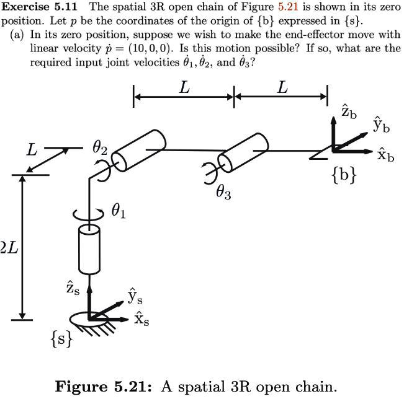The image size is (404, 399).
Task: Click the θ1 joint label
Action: [119, 212]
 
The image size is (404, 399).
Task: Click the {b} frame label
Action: [344, 175]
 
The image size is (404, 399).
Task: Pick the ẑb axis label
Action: [349, 112]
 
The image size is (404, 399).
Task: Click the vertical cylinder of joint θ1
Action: [89, 249]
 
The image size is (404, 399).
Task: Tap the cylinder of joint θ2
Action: [139, 150]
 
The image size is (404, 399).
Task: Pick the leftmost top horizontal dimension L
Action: [184, 88]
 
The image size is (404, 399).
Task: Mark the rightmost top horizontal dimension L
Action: [282, 88]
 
